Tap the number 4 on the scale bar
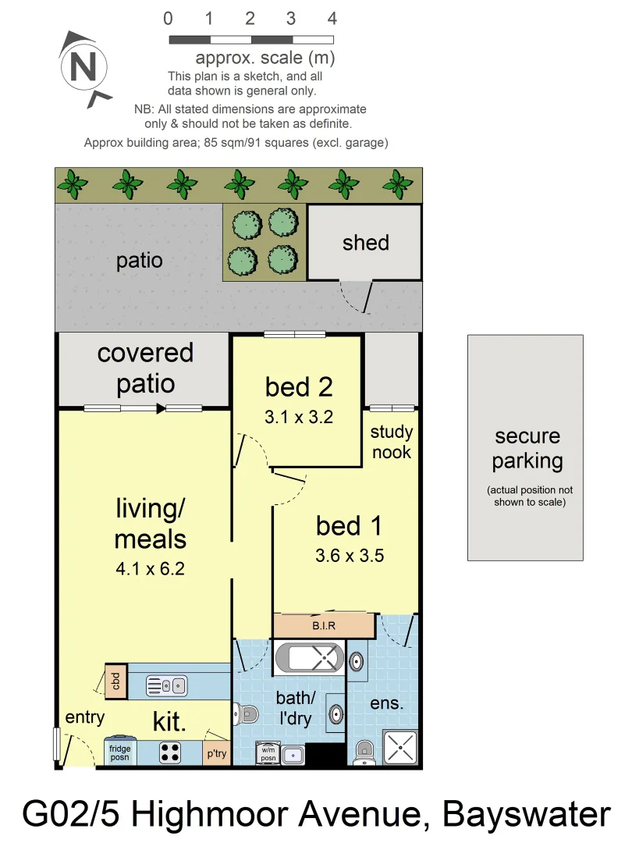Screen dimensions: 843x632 pyautogui.click(x=332, y=19)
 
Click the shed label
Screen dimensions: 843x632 pyautogui.click(x=365, y=243)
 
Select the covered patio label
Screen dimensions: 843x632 pyautogui.click(x=145, y=368)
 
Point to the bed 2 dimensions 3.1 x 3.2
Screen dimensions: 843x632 pyautogui.click(x=298, y=418)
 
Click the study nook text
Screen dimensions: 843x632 pyautogui.click(x=391, y=442)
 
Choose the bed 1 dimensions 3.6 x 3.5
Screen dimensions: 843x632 pyautogui.click(x=350, y=557)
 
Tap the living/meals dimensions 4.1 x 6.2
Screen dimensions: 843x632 pyautogui.click(x=150, y=570)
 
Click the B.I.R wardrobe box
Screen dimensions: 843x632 pyautogui.click(x=324, y=625)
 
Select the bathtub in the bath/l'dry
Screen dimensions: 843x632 pyautogui.click(x=310, y=656)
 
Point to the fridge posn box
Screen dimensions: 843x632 pyautogui.click(x=121, y=752)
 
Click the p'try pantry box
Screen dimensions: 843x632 pyautogui.click(x=216, y=754)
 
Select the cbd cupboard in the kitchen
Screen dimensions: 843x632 pyautogui.click(x=116, y=681)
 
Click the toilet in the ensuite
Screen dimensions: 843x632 pyautogui.click(x=364, y=752)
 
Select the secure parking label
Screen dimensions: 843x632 pyautogui.click(x=527, y=449)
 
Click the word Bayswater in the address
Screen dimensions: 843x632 pyautogui.click(x=527, y=815)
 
